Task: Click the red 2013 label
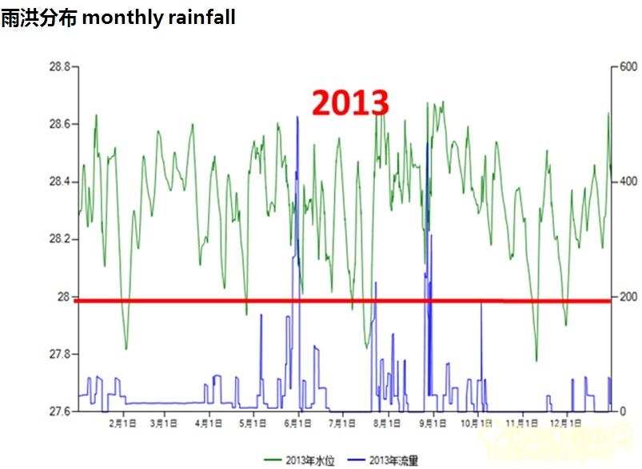click(x=349, y=103)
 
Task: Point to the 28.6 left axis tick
click(x=58, y=125)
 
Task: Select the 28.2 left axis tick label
click(x=58, y=240)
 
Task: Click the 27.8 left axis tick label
click(x=58, y=354)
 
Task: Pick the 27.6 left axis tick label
click(x=58, y=411)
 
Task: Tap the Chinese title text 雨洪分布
click(x=38, y=18)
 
